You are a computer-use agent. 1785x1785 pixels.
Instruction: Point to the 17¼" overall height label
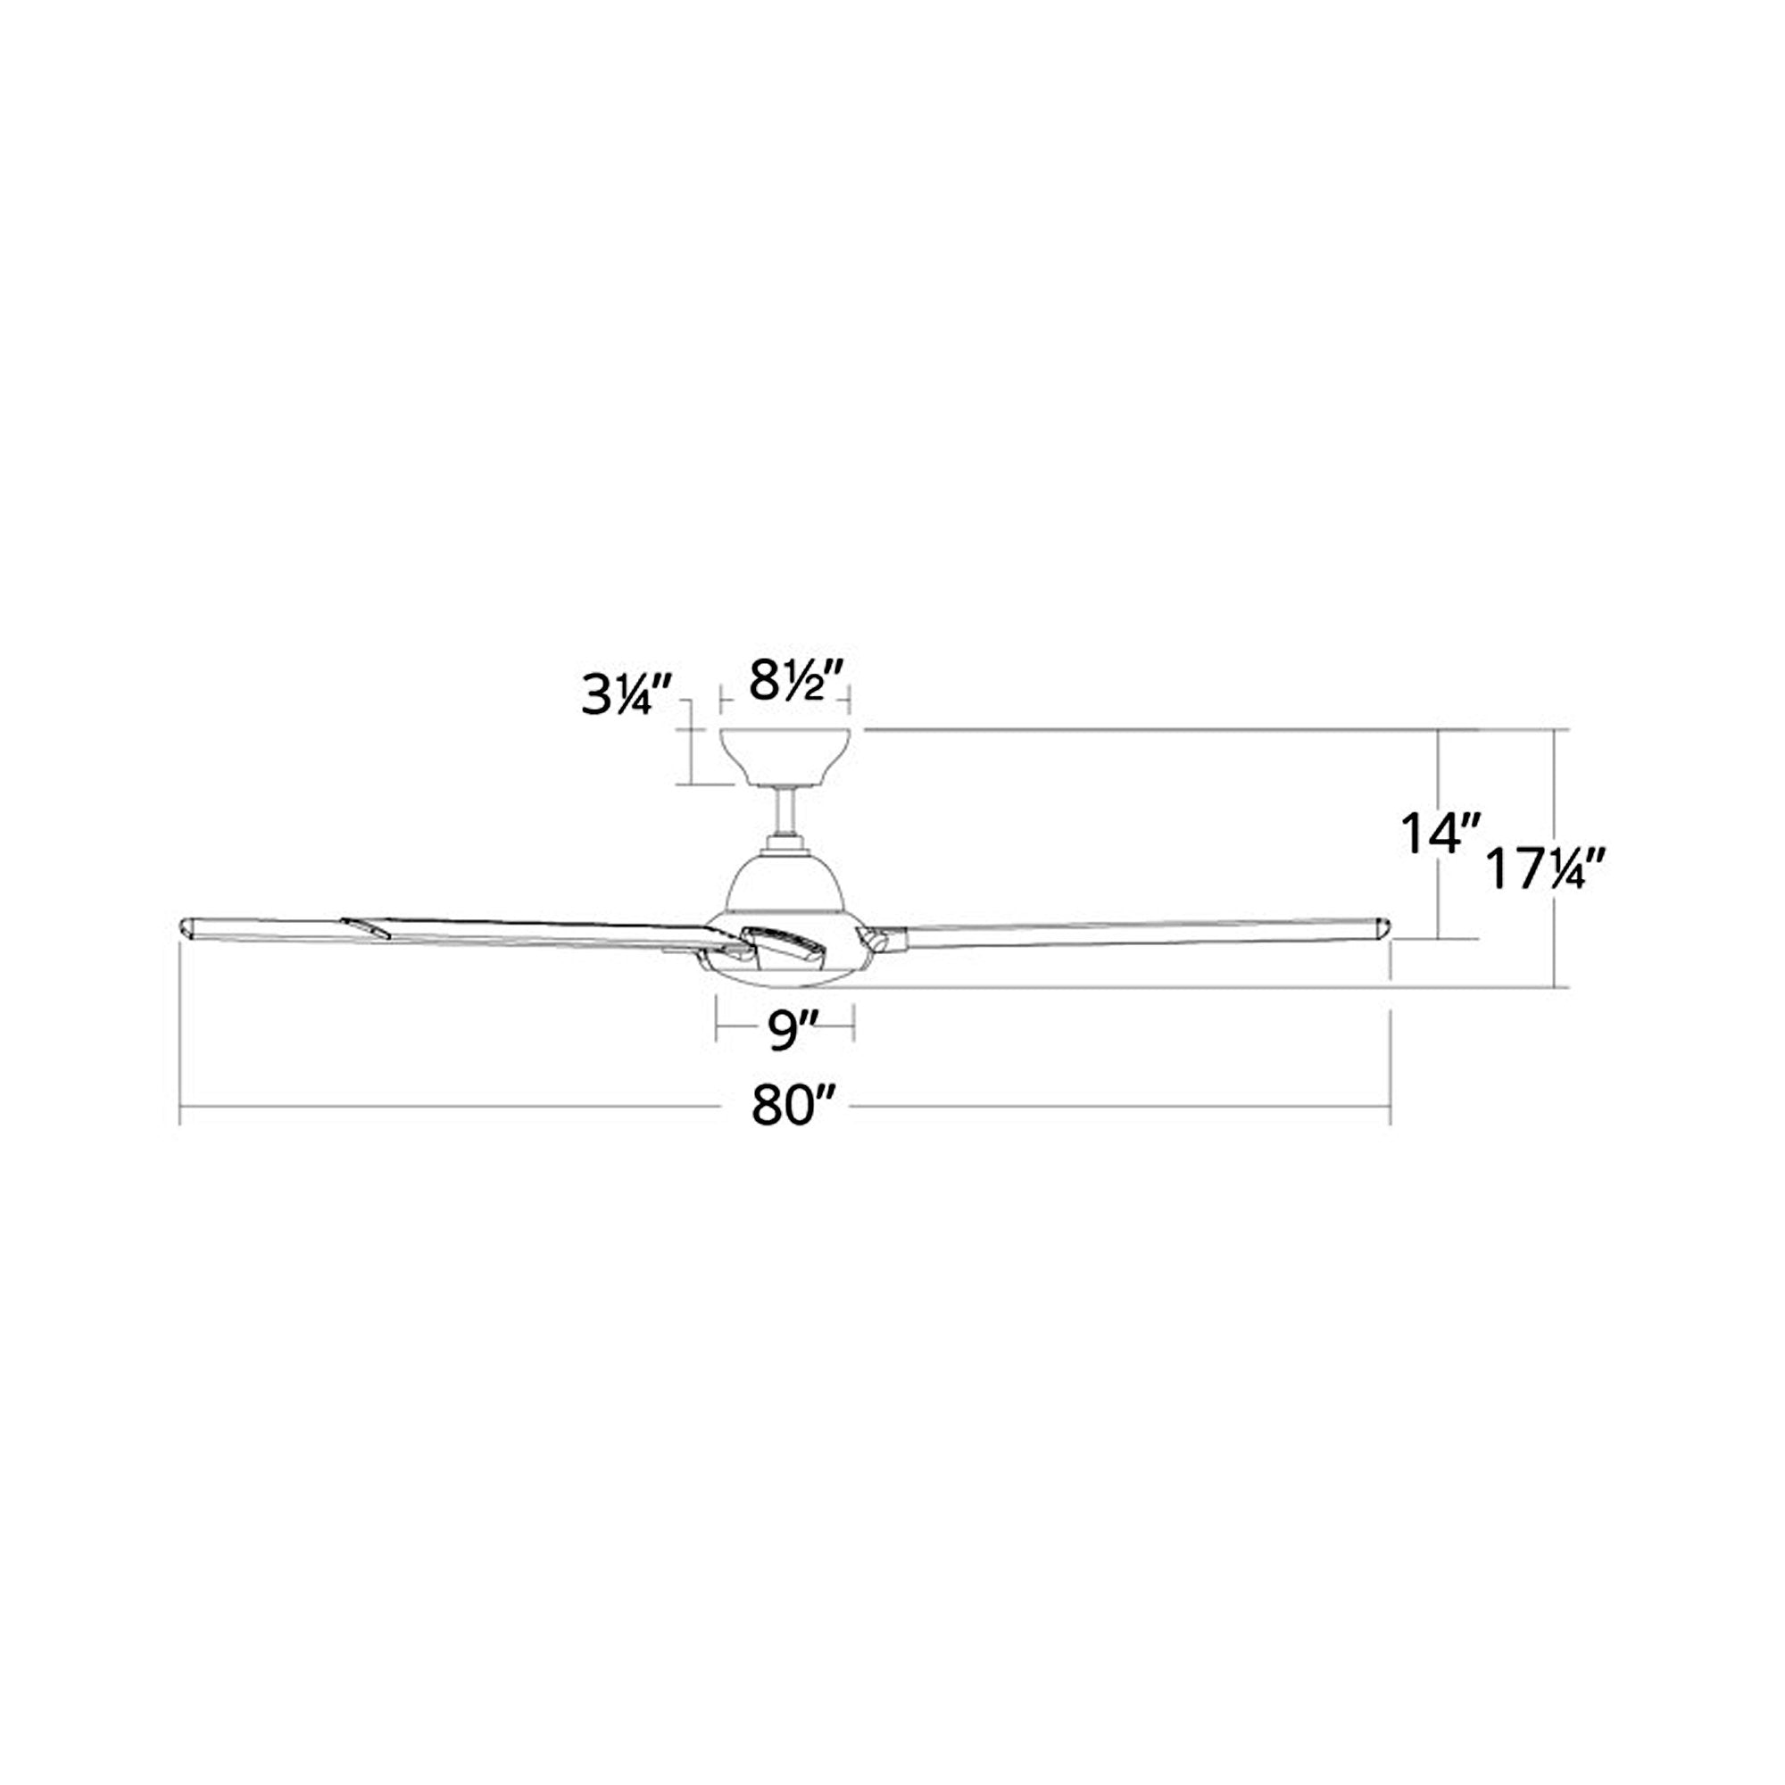coord(1549,870)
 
